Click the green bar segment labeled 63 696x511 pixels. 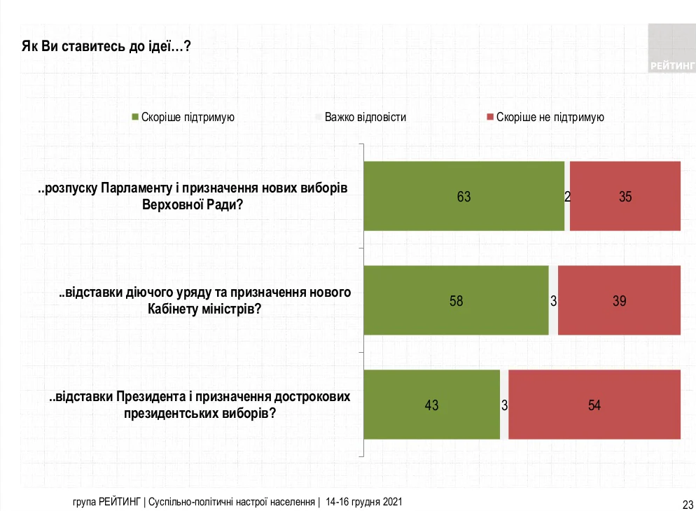464,196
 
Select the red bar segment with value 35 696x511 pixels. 625,196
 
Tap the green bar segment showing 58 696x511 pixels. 456,301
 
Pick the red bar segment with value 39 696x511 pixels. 619,301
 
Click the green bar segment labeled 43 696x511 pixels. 432,405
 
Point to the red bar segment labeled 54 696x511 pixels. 594,405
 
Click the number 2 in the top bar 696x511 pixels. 567,197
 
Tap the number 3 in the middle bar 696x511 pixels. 553,302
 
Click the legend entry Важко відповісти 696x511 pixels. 365,117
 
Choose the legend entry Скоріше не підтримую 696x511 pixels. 550,117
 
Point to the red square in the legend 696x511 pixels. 490,117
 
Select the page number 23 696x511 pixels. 687,503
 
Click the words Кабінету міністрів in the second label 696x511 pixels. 203,309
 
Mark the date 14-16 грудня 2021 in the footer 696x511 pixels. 363,503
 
